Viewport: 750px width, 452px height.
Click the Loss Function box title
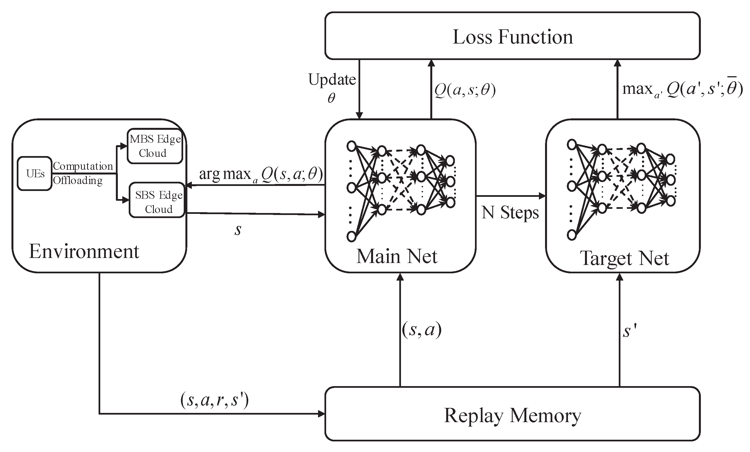click(x=513, y=37)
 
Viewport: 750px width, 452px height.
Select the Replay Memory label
click(x=513, y=415)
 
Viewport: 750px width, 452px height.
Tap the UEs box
click(x=35, y=173)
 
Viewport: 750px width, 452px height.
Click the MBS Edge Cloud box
click(x=155, y=146)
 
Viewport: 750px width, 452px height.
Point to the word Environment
click(x=84, y=252)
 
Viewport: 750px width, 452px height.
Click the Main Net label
click(x=397, y=256)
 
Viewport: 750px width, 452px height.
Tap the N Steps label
click(x=510, y=212)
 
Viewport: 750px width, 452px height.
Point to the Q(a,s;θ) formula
click(x=465, y=90)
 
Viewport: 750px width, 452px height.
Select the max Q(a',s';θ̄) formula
click(x=682, y=90)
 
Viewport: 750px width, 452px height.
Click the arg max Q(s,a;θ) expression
click(x=261, y=174)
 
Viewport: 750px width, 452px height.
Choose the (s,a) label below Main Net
click(x=422, y=330)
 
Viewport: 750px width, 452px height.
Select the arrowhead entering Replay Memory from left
click(x=321, y=414)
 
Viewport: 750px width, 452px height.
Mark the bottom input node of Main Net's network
click(x=351, y=236)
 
